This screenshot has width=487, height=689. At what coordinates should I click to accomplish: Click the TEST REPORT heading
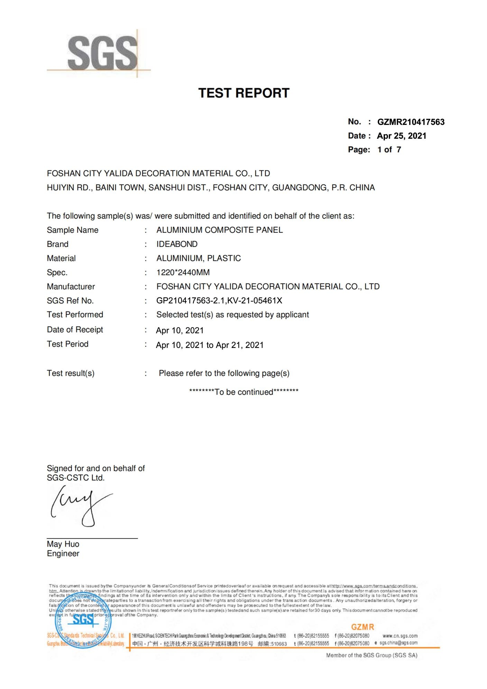point(243,93)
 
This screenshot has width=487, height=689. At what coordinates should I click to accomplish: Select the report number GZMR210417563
point(411,122)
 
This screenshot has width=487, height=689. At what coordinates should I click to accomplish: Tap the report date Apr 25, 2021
point(401,136)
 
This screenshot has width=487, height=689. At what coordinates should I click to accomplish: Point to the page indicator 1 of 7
point(389,150)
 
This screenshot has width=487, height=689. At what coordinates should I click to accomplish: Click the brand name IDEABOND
point(177,244)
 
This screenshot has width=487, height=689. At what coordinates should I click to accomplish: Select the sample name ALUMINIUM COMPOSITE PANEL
point(219,230)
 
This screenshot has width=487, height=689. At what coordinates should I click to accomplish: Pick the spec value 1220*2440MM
point(183,273)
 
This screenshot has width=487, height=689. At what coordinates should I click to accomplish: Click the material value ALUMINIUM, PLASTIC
point(199,258)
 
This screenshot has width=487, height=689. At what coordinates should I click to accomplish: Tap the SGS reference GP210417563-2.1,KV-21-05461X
point(219,301)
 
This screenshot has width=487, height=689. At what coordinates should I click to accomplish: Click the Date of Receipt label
point(75,330)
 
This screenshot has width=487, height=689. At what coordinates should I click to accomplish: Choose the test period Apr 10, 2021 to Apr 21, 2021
point(210,345)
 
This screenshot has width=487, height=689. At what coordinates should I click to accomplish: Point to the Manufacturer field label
point(71,286)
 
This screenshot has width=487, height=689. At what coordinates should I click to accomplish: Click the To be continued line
point(243,392)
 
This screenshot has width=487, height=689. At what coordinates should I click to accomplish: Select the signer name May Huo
point(63,544)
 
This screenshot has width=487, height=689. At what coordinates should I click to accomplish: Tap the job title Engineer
point(63,553)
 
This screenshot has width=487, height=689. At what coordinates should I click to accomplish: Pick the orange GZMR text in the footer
point(362,627)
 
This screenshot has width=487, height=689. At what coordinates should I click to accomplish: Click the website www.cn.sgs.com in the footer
point(400,636)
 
